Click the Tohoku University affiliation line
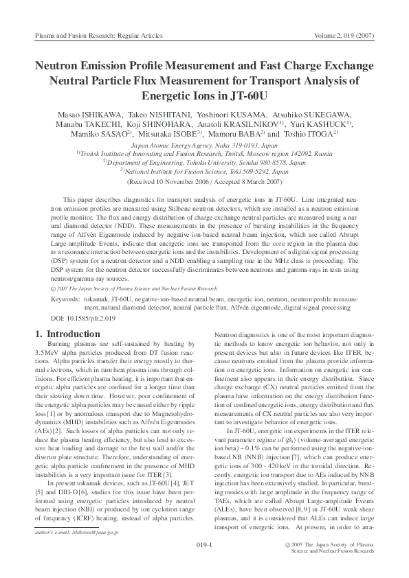(203, 163)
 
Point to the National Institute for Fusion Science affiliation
(203, 172)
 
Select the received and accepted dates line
(203, 182)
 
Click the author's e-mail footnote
(76, 531)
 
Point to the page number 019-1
(203, 546)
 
